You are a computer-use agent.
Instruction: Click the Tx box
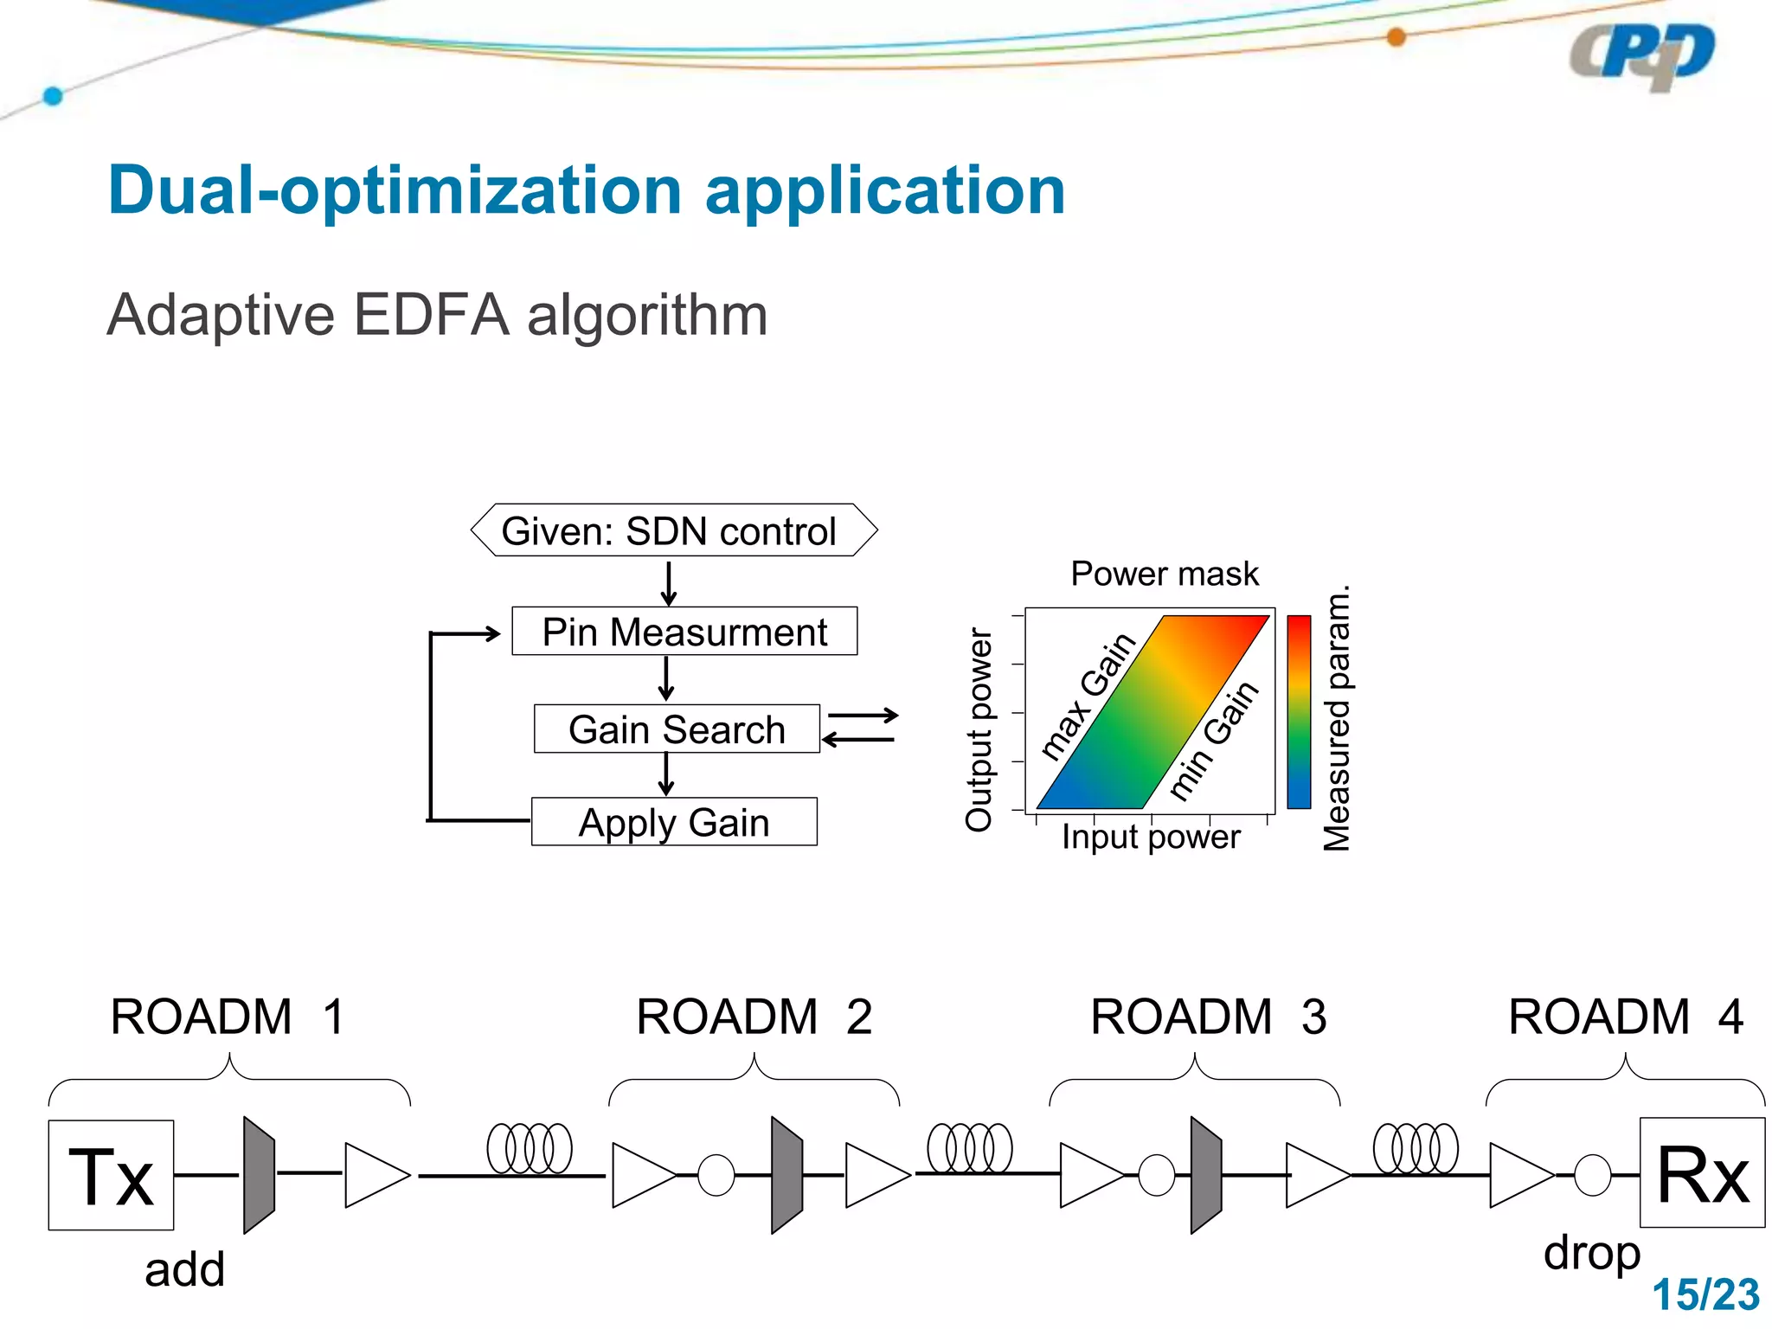click(111, 1175)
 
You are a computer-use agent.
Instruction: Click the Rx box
click(1702, 1172)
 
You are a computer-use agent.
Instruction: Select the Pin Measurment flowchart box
click(684, 632)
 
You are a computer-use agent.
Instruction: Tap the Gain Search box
click(677, 729)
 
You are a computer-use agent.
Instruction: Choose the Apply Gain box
click(674, 822)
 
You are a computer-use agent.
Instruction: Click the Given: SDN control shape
click(673, 530)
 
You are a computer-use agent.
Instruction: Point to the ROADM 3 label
click(1208, 1017)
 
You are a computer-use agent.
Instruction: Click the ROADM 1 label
click(228, 1017)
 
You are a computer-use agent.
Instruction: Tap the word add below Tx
click(184, 1270)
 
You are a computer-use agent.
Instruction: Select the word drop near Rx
click(1591, 1253)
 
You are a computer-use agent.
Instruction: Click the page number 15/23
click(1705, 1295)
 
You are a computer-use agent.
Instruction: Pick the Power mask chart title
click(1165, 575)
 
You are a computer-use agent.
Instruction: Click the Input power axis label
click(1150, 838)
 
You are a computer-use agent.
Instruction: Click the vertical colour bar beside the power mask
click(1299, 712)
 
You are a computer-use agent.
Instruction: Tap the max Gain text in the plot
click(1088, 697)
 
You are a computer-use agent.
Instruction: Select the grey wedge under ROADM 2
click(786, 1174)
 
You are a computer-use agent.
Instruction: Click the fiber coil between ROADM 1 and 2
click(530, 1149)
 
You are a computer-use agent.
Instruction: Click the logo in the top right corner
click(1641, 56)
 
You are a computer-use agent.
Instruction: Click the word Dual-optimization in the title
click(395, 192)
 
